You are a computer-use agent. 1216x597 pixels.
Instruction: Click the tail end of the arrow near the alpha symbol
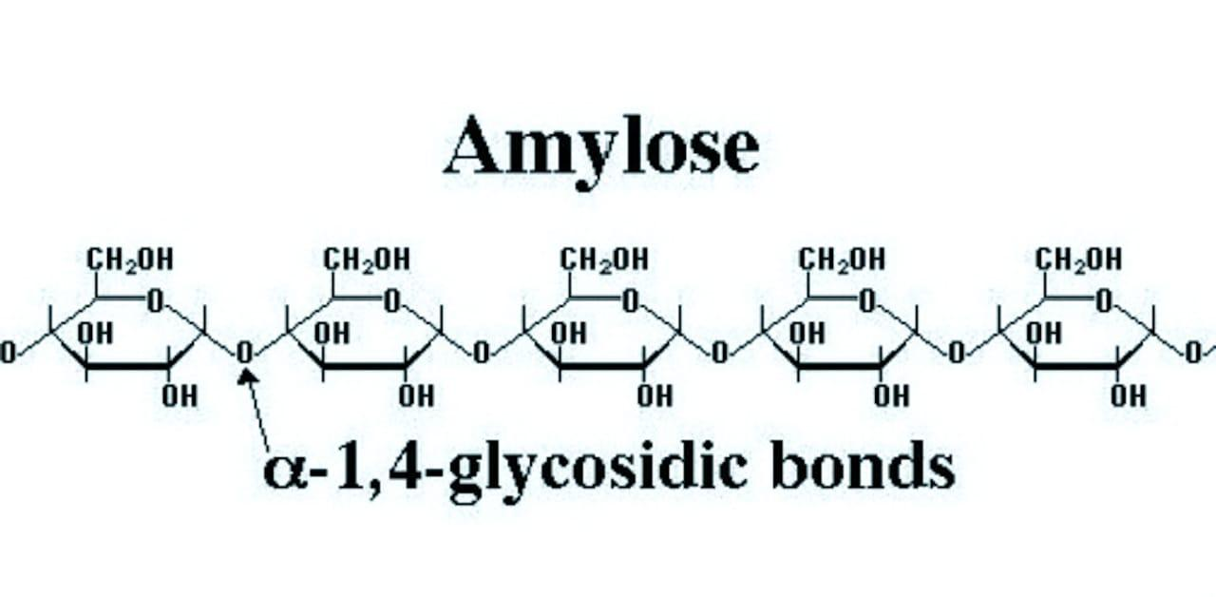(x=269, y=451)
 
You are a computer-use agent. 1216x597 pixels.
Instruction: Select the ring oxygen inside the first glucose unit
(x=156, y=301)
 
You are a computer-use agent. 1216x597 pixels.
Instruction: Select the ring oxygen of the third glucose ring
(x=630, y=301)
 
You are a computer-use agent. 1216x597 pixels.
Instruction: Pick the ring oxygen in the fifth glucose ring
(x=1104, y=301)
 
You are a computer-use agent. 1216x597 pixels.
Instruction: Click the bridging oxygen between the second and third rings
(x=482, y=353)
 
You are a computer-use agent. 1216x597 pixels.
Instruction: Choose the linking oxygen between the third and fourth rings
(x=719, y=353)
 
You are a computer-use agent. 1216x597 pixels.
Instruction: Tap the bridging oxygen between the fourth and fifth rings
(x=956, y=353)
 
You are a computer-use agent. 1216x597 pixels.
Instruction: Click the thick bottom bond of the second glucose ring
(x=365, y=367)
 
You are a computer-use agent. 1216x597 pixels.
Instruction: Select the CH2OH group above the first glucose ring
(x=130, y=260)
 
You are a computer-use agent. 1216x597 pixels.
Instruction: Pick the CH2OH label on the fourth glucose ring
(x=842, y=260)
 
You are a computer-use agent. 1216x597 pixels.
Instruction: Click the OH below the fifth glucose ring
(x=1129, y=396)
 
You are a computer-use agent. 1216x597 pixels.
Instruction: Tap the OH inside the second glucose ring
(x=332, y=333)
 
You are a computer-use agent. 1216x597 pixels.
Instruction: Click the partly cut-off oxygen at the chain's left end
(x=8, y=353)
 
